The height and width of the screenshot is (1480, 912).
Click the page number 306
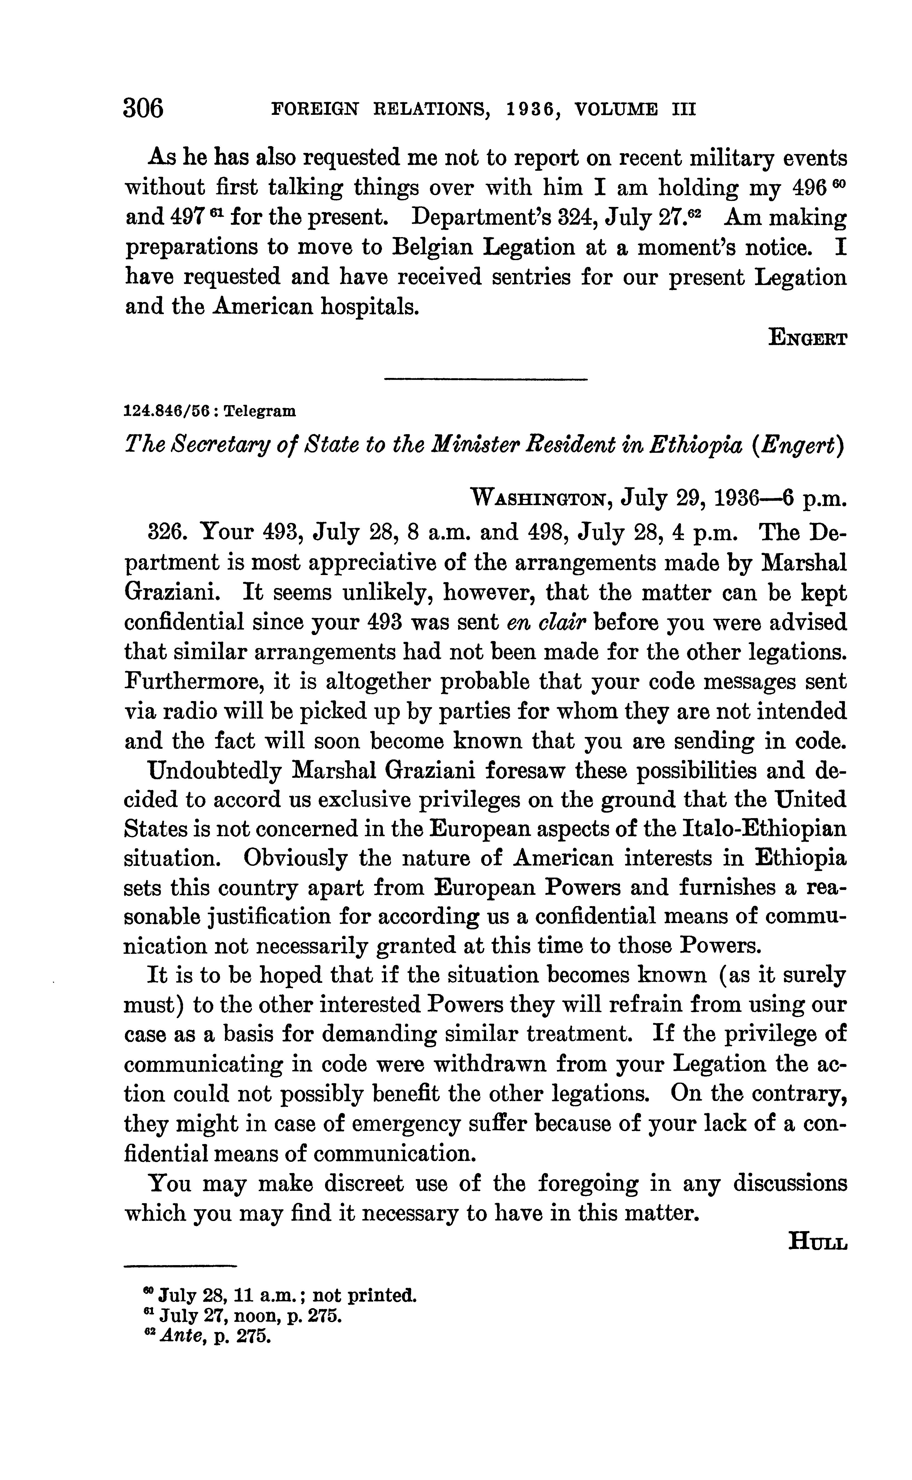[x=144, y=109]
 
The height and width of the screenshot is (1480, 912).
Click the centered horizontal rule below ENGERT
[x=486, y=379]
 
